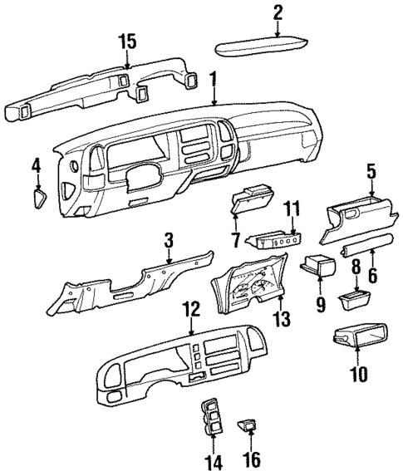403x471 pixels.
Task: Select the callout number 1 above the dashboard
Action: point(214,81)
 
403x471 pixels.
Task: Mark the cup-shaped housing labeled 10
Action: point(359,336)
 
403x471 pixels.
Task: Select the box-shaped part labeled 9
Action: point(319,268)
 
